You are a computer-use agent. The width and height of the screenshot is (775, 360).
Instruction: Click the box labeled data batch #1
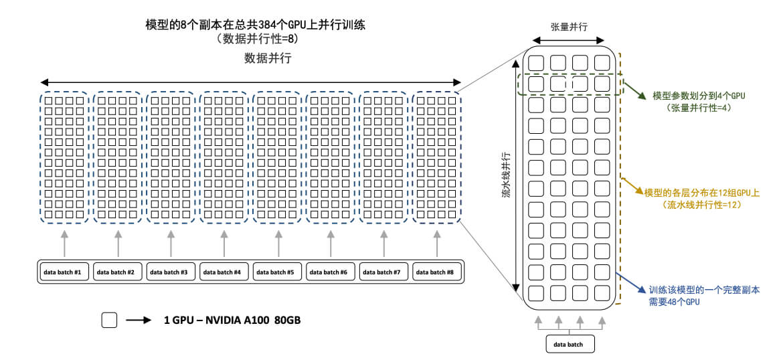coord(64,272)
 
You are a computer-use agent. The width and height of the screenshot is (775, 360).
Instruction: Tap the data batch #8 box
coord(438,272)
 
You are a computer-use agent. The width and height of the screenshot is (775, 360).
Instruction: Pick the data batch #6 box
coord(331,272)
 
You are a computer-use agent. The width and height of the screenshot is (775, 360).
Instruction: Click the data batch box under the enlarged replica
coord(568,344)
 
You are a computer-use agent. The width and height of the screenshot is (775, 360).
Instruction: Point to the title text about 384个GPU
coord(256,25)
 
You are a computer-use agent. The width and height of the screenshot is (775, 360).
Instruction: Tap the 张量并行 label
coord(569,27)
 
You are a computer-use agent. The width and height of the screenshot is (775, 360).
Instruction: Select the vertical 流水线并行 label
coord(507,175)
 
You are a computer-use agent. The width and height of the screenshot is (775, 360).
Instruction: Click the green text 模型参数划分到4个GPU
coord(699,96)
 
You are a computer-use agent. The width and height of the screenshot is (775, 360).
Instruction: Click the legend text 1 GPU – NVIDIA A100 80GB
coord(232,321)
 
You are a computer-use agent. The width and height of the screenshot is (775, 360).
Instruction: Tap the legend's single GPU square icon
coord(109,321)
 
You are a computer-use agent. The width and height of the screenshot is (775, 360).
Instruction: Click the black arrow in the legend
coord(139,321)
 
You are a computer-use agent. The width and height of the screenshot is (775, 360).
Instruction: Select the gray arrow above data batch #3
coord(171,244)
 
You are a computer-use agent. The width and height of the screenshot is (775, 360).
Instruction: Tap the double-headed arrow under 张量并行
coord(569,41)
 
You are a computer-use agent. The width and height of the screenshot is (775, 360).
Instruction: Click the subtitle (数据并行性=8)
coord(256,39)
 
